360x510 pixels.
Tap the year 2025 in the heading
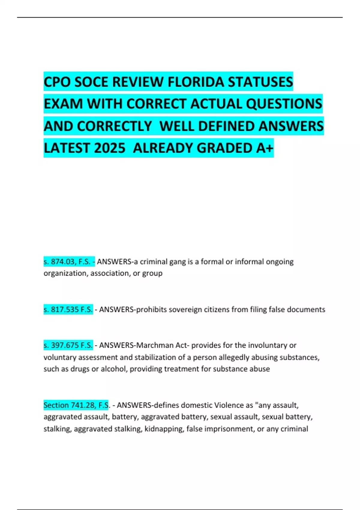pyautogui.click(x=110, y=148)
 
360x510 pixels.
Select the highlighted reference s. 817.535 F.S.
pyautogui.click(x=68, y=310)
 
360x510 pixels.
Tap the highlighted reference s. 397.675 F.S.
pyautogui.click(x=68, y=345)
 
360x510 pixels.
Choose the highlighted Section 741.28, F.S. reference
pyautogui.click(x=76, y=405)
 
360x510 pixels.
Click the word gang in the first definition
pyautogui.click(x=178, y=262)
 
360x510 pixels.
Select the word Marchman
pyautogui.click(x=154, y=345)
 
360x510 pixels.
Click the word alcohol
pyautogui.click(x=114, y=369)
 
